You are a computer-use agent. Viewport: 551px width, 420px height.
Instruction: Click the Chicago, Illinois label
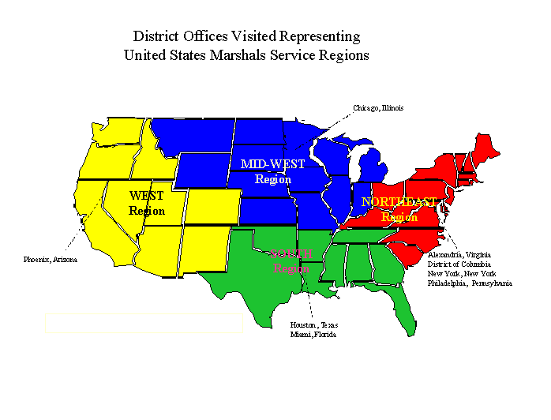tap(378, 108)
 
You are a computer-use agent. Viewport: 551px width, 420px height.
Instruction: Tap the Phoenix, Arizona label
tap(51, 258)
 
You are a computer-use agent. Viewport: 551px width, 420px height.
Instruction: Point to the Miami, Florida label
tap(313, 335)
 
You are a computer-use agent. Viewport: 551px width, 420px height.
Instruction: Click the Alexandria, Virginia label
tap(459, 255)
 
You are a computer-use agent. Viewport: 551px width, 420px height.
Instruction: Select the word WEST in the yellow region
tap(147, 196)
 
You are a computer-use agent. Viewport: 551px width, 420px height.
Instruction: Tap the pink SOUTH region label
tap(291, 253)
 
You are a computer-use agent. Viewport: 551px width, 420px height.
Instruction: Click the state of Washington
tap(117, 132)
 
